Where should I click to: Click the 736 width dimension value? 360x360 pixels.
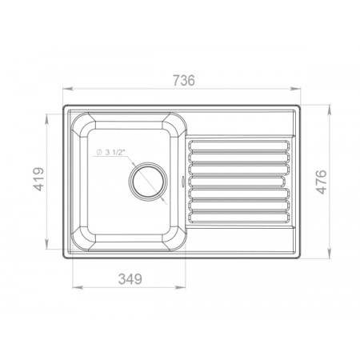pos(184,80)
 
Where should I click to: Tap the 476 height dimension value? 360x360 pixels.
pos(321,182)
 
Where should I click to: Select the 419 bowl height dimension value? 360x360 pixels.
pos(38,179)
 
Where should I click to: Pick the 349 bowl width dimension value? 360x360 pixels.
pos(130,279)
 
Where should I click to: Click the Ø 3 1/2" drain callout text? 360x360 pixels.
pos(110,152)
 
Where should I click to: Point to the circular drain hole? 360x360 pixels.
pos(148,180)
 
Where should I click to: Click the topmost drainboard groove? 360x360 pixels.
pos(238,146)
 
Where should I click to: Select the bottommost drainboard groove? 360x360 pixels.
pos(238,217)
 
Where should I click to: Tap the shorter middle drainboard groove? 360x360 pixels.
pos(237,182)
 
